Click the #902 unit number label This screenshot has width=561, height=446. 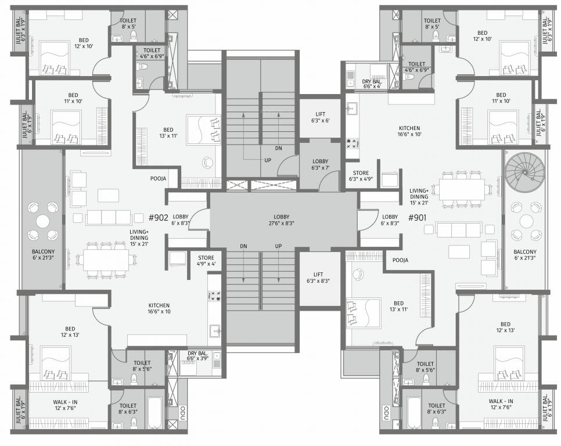point(158,218)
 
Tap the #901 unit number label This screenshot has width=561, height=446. point(419,218)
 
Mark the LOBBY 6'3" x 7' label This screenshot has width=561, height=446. point(321,164)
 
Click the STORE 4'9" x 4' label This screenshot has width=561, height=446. point(206,260)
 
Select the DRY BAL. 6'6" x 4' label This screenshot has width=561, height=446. point(371,84)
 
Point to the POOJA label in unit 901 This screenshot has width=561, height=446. point(400,260)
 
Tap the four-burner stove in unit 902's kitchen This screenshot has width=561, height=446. point(214,296)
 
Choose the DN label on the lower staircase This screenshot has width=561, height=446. point(244,247)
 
